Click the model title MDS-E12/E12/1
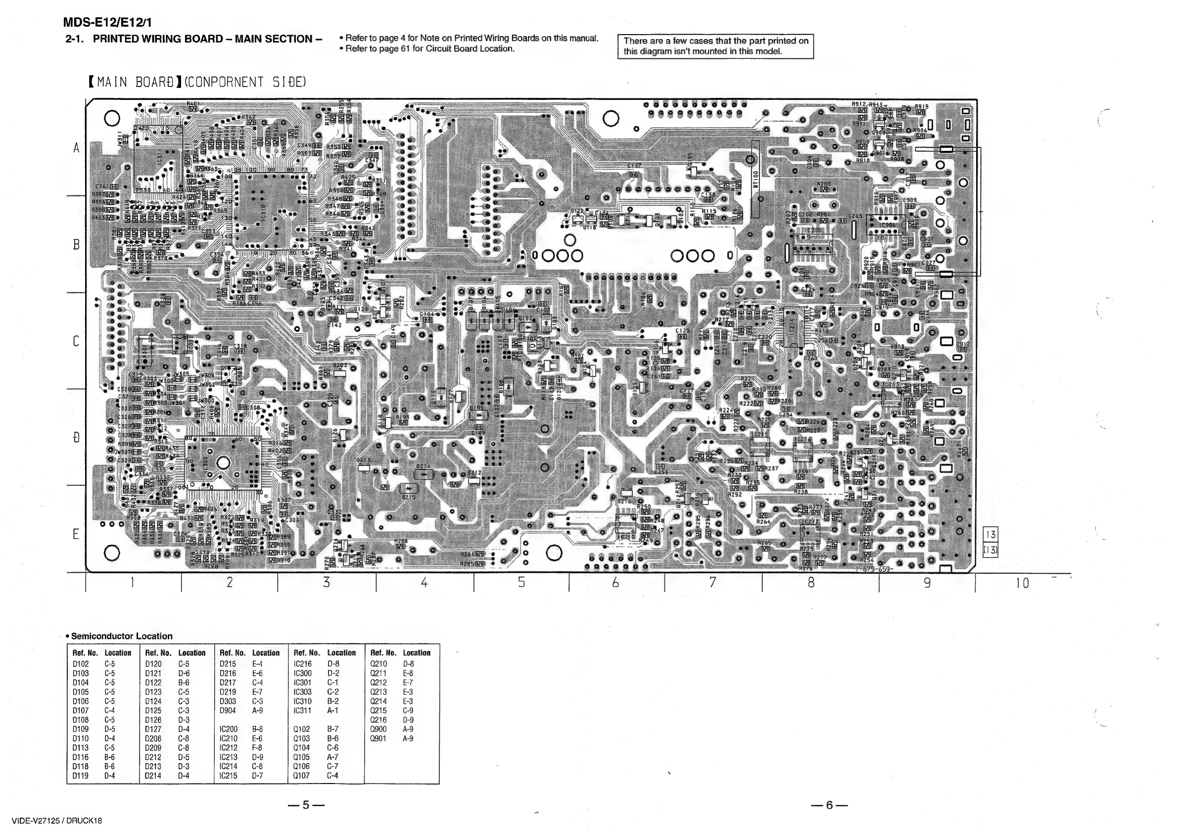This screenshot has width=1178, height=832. pos(107,23)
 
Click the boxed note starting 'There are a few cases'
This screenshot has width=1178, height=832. pos(715,46)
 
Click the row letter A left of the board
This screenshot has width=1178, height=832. pos(77,148)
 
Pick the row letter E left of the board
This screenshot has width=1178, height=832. pos(75,534)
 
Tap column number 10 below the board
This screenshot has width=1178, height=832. pos(1022,583)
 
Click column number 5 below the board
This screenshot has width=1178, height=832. pos(521,582)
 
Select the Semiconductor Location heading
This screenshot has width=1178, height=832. pos(122,636)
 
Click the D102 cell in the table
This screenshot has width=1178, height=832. pos(81,664)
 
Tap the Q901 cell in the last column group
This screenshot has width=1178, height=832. pos(378,739)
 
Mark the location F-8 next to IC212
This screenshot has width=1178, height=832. pos(257,748)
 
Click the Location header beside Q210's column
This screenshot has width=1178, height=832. pos(416,653)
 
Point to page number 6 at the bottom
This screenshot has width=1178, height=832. pos(829,805)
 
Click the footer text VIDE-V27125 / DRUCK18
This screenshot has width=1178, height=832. pos(57,820)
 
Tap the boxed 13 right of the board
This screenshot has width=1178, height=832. pos(990,535)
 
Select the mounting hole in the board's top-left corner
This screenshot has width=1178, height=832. pos(112,119)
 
